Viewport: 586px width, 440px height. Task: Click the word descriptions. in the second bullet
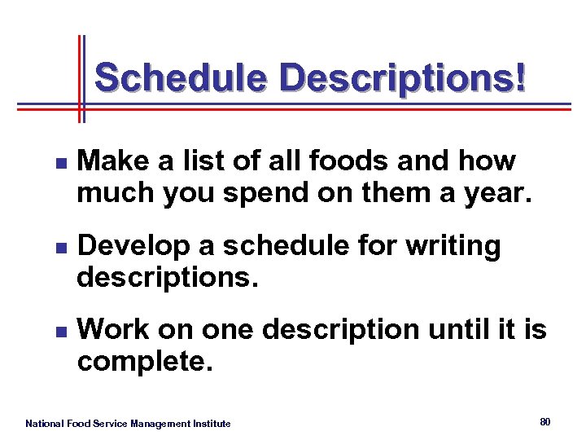point(168,278)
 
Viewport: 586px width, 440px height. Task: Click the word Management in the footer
point(158,424)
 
